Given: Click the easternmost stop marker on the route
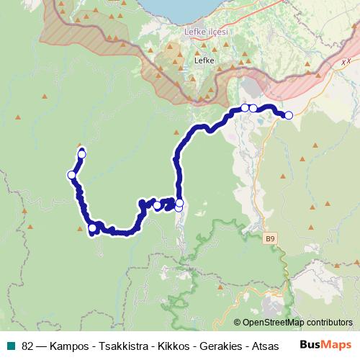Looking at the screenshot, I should [289, 115].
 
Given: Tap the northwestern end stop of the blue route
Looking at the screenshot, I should [82, 154].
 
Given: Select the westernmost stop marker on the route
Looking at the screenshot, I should [72, 175].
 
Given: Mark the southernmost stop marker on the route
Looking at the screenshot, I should [92, 229].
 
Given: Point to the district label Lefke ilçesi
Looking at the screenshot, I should [207, 33].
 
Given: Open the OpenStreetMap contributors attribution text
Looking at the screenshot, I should [298, 323].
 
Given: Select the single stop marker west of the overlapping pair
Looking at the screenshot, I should [157, 207].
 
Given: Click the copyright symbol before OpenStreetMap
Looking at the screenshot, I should [238, 323].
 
